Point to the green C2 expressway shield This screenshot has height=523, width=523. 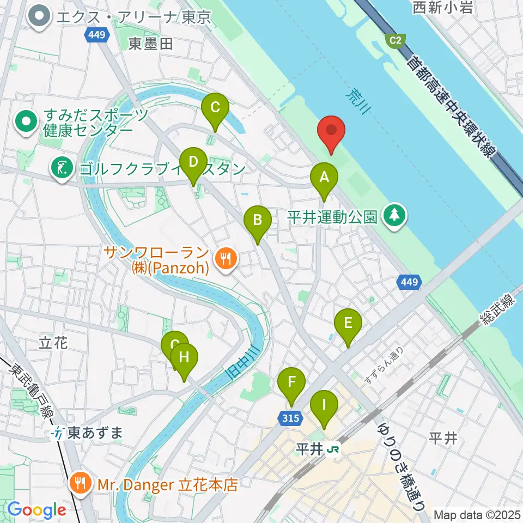point(393,40)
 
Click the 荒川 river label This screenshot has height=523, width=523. point(357,102)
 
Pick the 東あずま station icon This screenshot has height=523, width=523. point(56,434)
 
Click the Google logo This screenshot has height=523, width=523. point(37,510)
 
